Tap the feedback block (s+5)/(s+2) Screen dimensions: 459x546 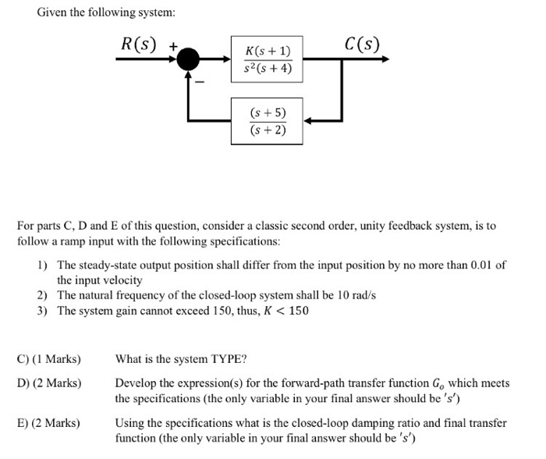click(x=268, y=121)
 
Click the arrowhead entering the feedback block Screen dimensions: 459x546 click(x=309, y=121)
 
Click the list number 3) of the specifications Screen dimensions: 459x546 click(x=44, y=311)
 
